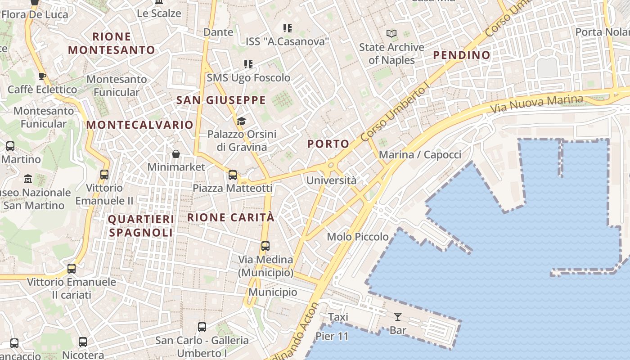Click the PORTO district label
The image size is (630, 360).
(328, 144)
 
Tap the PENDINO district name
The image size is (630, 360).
(461, 55)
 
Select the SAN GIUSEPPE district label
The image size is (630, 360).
(220, 100)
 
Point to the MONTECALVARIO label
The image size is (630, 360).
(139, 125)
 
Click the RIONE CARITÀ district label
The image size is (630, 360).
(230, 217)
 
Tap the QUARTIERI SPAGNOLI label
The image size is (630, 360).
(141, 226)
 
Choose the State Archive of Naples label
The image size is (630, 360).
(391, 54)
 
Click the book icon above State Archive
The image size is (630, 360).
(391, 33)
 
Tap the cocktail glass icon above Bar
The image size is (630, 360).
(397, 317)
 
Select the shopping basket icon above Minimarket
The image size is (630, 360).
(176, 154)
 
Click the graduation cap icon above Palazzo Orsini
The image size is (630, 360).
(242, 121)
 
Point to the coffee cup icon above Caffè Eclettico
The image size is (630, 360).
(42, 76)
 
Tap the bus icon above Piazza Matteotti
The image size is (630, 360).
(233, 175)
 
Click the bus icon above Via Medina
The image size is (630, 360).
(265, 246)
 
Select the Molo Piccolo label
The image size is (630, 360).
(358, 237)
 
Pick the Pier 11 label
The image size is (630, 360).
(332, 336)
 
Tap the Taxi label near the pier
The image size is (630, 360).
(338, 317)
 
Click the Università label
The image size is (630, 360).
(331, 181)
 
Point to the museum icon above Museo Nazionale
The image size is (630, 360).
(28, 179)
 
